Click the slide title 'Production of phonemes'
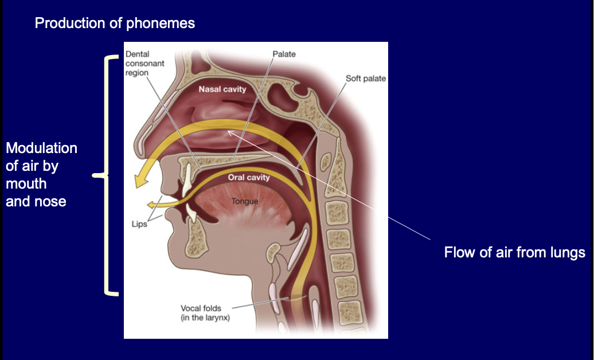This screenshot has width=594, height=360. pos(115,24)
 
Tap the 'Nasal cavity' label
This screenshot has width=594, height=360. pos(222,89)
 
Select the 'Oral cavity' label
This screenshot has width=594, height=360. pos(248,177)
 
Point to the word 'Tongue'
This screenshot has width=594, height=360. pos(245,201)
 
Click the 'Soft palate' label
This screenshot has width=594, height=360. pos(366,79)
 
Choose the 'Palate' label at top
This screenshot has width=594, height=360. pos(284,54)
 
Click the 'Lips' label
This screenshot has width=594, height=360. pos(139,224)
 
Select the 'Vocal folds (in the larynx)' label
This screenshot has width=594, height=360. pos(205,313)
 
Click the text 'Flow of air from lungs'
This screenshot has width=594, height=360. pos(514,252)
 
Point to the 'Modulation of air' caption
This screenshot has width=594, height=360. pos(41,174)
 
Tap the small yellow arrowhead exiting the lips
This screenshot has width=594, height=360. pos(151,204)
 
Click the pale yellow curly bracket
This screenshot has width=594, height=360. pos(105,175)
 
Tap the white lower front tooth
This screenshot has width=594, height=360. pos(192,213)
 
